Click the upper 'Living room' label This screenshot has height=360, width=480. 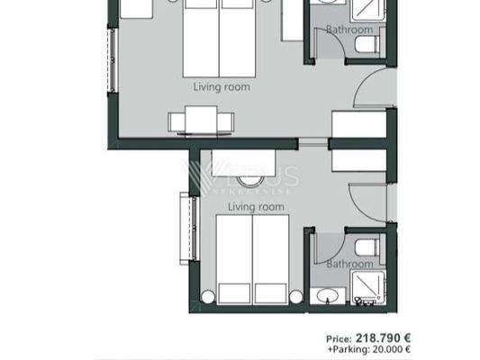click(x=222, y=88)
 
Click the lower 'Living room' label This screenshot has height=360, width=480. click(x=256, y=207)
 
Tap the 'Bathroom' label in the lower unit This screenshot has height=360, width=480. click(x=349, y=265)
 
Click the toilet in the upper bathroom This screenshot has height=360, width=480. click(x=362, y=48)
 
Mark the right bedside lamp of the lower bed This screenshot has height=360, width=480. click(x=297, y=295)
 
